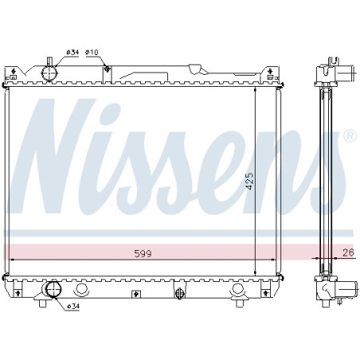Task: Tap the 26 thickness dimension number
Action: pos(347,253)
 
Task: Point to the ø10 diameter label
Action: pos(92,53)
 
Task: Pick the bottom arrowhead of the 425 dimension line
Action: pos(254,270)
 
